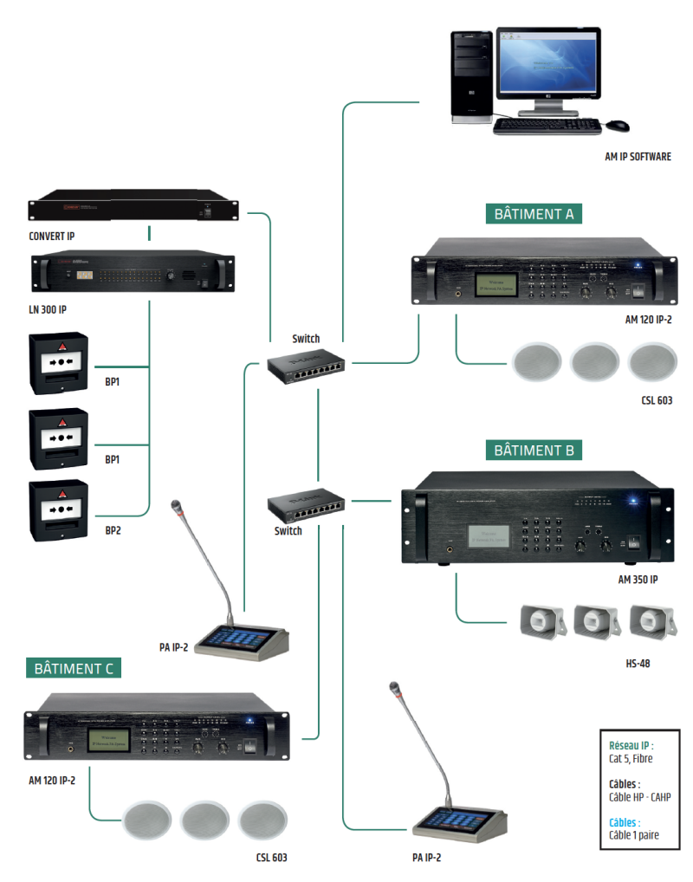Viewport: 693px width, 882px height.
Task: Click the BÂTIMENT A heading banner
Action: click(x=534, y=214)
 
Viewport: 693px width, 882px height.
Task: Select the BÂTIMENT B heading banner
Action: click(x=534, y=451)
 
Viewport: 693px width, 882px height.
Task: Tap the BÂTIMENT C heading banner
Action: click(x=73, y=669)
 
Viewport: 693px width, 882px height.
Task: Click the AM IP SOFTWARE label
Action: click(x=638, y=157)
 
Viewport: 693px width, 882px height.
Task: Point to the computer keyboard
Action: click(x=547, y=126)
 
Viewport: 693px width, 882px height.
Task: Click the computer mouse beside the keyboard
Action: click(x=617, y=126)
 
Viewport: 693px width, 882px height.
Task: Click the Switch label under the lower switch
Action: click(x=288, y=531)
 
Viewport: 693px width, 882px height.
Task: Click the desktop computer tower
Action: click(x=473, y=76)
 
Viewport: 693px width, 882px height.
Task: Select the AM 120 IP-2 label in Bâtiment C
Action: click(x=51, y=780)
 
